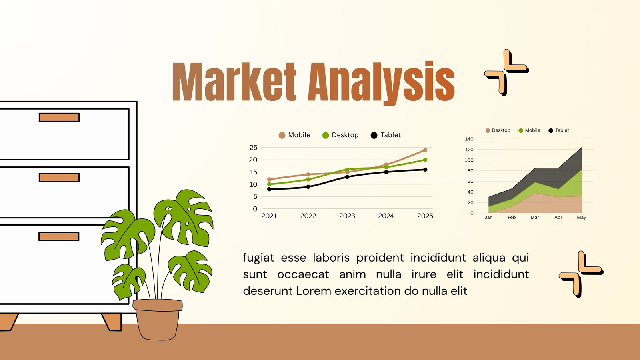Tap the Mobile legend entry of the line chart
point(294,135)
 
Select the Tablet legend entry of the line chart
point(386,135)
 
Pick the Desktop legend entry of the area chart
point(498,130)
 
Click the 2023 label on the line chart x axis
point(347,216)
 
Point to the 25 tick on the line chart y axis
point(253,148)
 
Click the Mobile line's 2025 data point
point(425,150)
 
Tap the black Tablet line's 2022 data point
point(308,187)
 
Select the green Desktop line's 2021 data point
point(269,184)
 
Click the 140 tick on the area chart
point(469,139)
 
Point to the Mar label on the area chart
point(535,218)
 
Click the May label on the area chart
point(582,218)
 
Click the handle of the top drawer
point(59,118)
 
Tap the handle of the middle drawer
point(59,178)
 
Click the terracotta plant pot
point(158,320)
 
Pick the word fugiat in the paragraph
point(258,258)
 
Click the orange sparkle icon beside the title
point(506,72)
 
